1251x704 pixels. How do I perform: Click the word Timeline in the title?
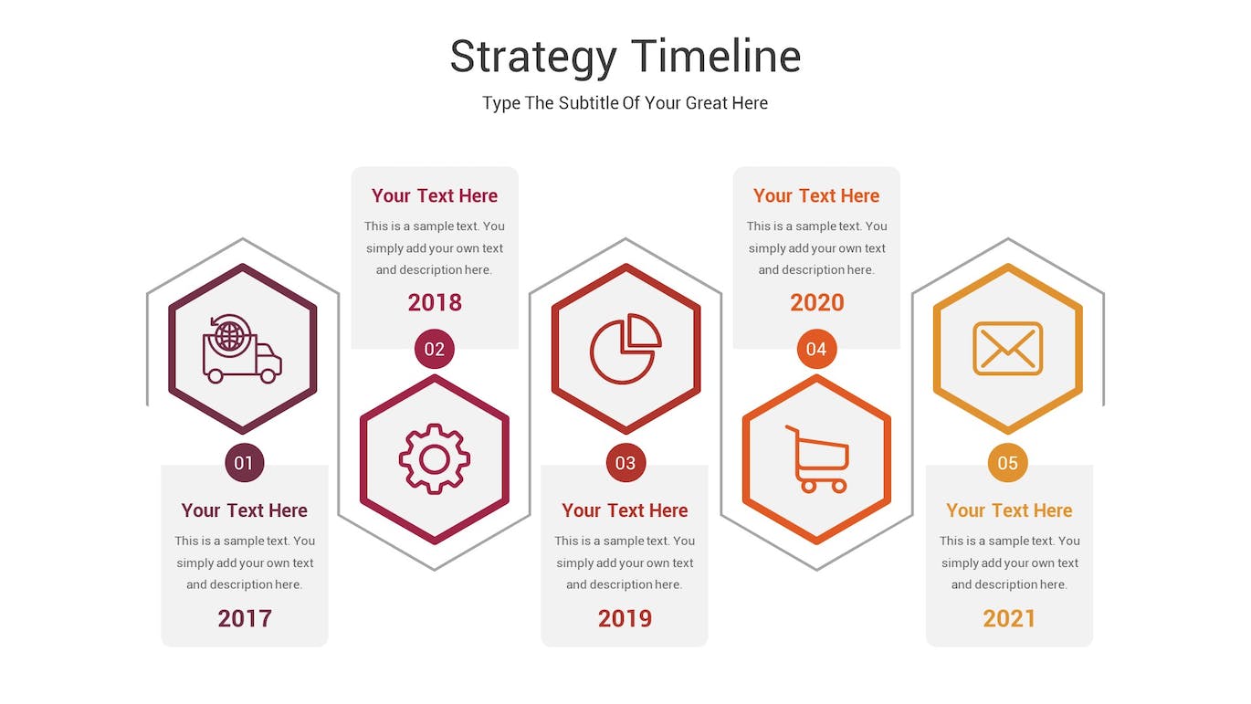tap(717, 56)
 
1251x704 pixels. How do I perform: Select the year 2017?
tap(245, 618)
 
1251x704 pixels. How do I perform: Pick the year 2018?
tap(435, 302)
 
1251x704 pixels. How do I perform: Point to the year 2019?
tap(625, 618)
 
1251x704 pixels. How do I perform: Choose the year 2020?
tap(817, 302)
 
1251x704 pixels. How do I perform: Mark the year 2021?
tap(1009, 618)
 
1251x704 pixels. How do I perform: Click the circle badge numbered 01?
tap(244, 463)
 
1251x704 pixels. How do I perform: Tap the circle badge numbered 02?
tap(435, 349)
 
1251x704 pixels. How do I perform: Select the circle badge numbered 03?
tap(625, 463)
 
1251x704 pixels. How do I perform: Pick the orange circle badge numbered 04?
tap(816, 349)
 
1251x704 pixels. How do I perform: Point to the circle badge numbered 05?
tap(1007, 463)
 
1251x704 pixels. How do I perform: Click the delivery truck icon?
tap(242, 349)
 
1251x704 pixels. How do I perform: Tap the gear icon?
tap(435, 459)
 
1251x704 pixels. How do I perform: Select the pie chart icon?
tap(625, 349)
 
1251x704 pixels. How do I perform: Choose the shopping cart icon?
tap(817, 459)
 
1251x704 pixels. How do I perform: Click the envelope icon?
tap(1007, 349)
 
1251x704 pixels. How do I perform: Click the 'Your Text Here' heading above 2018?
tap(435, 195)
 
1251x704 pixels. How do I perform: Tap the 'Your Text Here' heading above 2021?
tap(1009, 510)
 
